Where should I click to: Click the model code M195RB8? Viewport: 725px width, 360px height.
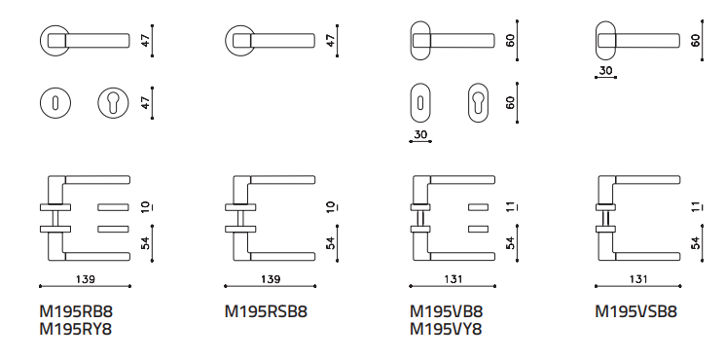pyautogui.click(x=76, y=312)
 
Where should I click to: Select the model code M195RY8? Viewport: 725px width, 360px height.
pyautogui.click(x=76, y=330)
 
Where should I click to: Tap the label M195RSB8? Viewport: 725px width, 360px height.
pyautogui.click(x=266, y=312)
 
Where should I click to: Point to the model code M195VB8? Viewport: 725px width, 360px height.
pyautogui.click(x=446, y=312)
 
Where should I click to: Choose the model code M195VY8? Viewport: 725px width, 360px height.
pyautogui.click(x=446, y=330)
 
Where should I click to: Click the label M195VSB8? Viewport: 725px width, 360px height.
pyautogui.click(x=635, y=312)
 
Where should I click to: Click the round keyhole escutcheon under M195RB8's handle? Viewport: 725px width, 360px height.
pyautogui.click(x=55, y=103)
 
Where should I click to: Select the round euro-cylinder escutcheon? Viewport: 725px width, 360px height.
pyautogui.click(x=113, y=103)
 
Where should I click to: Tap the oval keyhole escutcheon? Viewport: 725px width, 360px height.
pyautogui.click(x=420, y=102)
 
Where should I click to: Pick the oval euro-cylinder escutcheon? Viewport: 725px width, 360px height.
pyautogui.click(x=478, y=102)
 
